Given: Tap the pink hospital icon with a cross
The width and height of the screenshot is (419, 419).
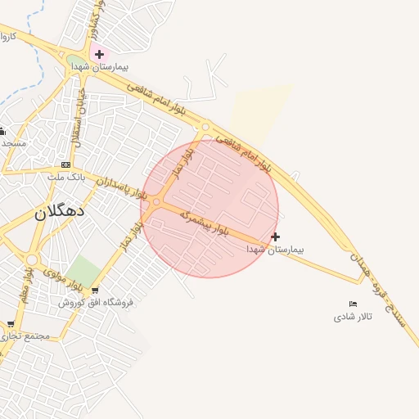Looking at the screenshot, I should tap(99, 55).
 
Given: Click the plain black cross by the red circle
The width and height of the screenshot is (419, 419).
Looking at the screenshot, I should tap(275, 237).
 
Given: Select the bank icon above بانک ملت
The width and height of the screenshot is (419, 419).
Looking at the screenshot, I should tap(65, 164).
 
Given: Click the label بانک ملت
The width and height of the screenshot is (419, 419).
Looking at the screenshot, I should tap(62, 176).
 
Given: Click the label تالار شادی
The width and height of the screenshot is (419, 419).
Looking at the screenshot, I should tap(353, 316).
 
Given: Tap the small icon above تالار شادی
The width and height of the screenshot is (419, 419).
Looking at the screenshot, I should tap(353, 304).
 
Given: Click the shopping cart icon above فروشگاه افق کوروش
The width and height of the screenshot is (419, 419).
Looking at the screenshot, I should tap(95, 291).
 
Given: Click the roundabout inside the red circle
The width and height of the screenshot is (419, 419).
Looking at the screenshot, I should tap(156, 201).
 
